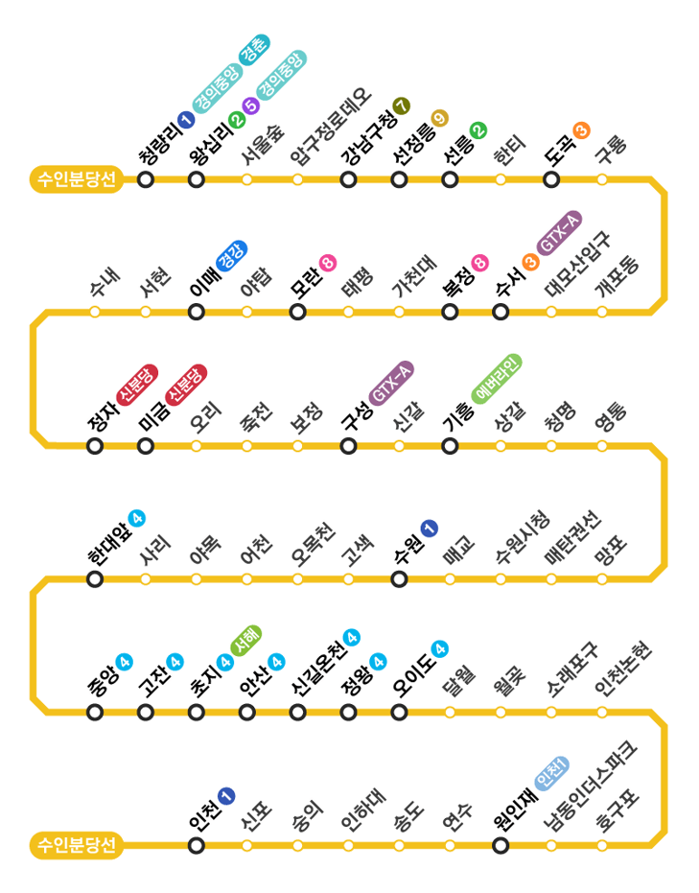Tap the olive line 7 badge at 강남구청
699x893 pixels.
click(402, 106)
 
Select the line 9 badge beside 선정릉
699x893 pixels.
click(440, 118)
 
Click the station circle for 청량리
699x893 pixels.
click(146, 179)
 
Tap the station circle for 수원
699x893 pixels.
click(399, 578)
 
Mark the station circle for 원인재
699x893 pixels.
click(501, 845)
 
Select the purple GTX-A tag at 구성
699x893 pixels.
click(391, 384)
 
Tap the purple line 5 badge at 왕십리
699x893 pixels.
click(252, 106)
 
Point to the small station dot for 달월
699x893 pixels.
click(450, 712)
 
